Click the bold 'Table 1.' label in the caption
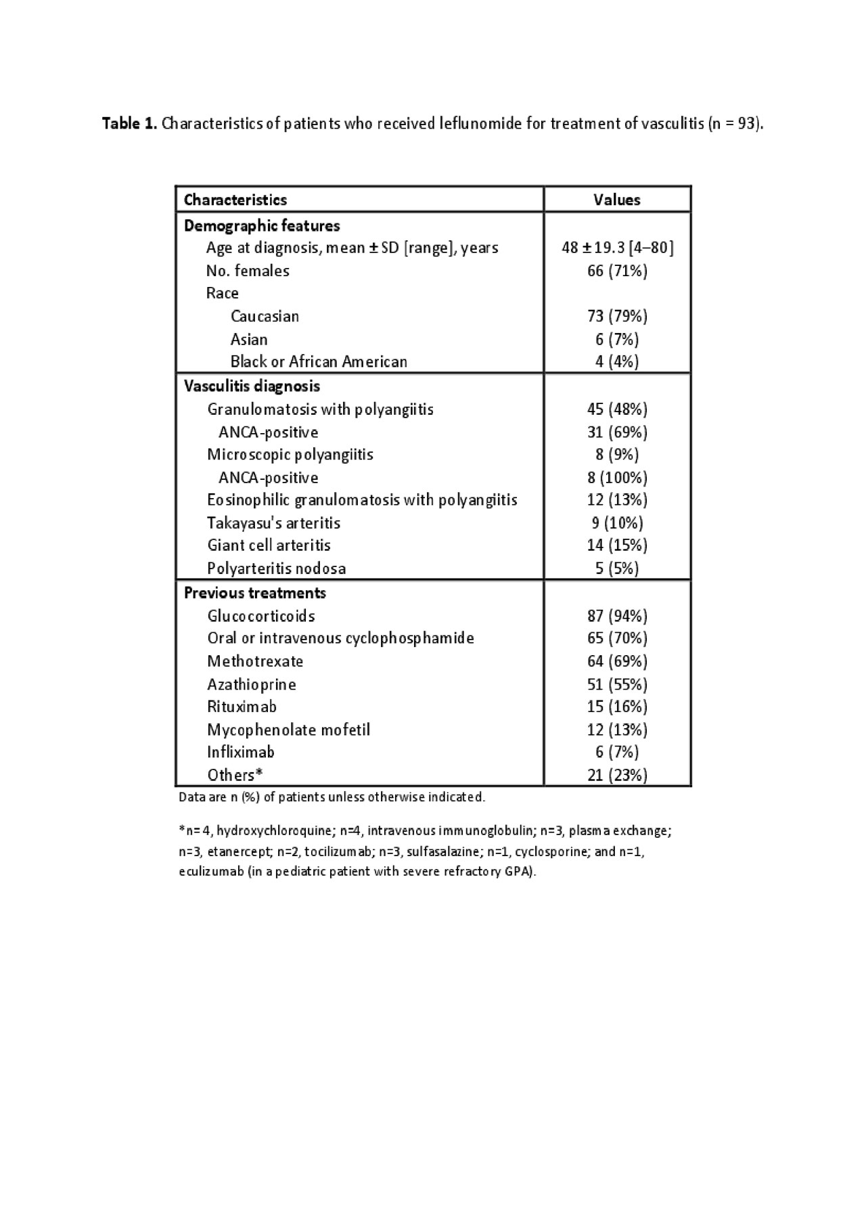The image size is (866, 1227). point(130,124)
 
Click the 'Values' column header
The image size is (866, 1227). point(616,200)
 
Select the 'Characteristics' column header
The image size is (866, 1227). point(235,200)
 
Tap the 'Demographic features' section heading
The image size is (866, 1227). point(262,225)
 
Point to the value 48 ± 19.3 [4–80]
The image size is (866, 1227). point(617,248)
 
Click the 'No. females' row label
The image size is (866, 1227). point(248,271)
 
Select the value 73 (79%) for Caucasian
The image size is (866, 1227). point(617,316)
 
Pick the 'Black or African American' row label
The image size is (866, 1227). point(319,361)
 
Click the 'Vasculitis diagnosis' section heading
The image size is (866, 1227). point(252,386)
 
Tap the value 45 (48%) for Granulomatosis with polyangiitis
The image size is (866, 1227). point(617,409)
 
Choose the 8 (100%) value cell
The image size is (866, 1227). point(617,478)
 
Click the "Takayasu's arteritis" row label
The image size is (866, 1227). point(273,523)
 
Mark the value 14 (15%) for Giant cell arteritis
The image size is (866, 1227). point(617,545)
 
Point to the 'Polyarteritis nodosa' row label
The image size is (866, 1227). point(276,568)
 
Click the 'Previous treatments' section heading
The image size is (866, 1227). point(255,593)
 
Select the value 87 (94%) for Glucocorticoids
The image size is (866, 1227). point(617,616)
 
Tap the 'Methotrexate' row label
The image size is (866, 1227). point(255,661)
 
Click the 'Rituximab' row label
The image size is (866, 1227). point(242,707)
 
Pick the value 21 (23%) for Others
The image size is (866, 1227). point(617,775)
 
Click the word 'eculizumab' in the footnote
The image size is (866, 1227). point(211,872)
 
